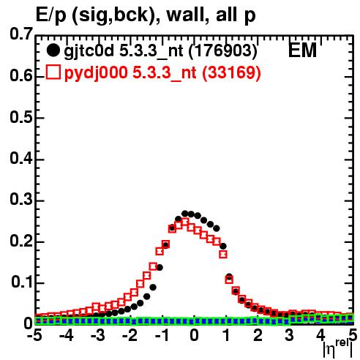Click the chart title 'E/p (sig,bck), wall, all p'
[146, 15]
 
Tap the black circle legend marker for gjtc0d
[53, 50]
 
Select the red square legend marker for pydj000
[53, 72]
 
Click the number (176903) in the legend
[223, 51]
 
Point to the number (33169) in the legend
[231, 72]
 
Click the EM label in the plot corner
[302, 50]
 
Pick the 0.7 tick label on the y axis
[21, 34]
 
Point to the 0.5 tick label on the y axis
[21, 117]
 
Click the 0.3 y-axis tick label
[21, 199]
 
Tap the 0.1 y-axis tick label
[22, 282]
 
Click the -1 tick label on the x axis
[162, 335]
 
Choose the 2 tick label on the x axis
[258, 335]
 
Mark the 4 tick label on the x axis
[320, 335]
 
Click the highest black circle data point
[185, 214]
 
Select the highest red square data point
[185, 222]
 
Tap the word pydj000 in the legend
[96, 73]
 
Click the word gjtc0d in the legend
[89, 51]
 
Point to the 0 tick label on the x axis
[194, 335]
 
